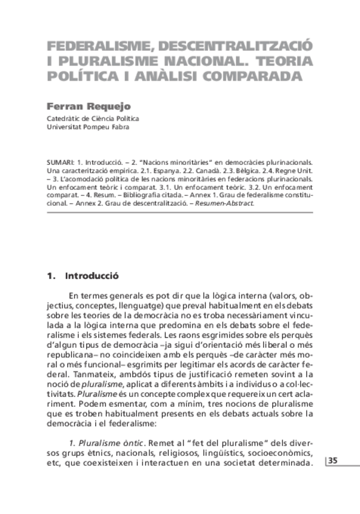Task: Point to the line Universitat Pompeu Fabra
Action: (87, 127)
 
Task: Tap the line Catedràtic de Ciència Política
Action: (93, 118)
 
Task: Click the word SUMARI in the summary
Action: (59, 163)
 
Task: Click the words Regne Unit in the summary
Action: (292, 172)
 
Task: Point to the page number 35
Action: (334, 461)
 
